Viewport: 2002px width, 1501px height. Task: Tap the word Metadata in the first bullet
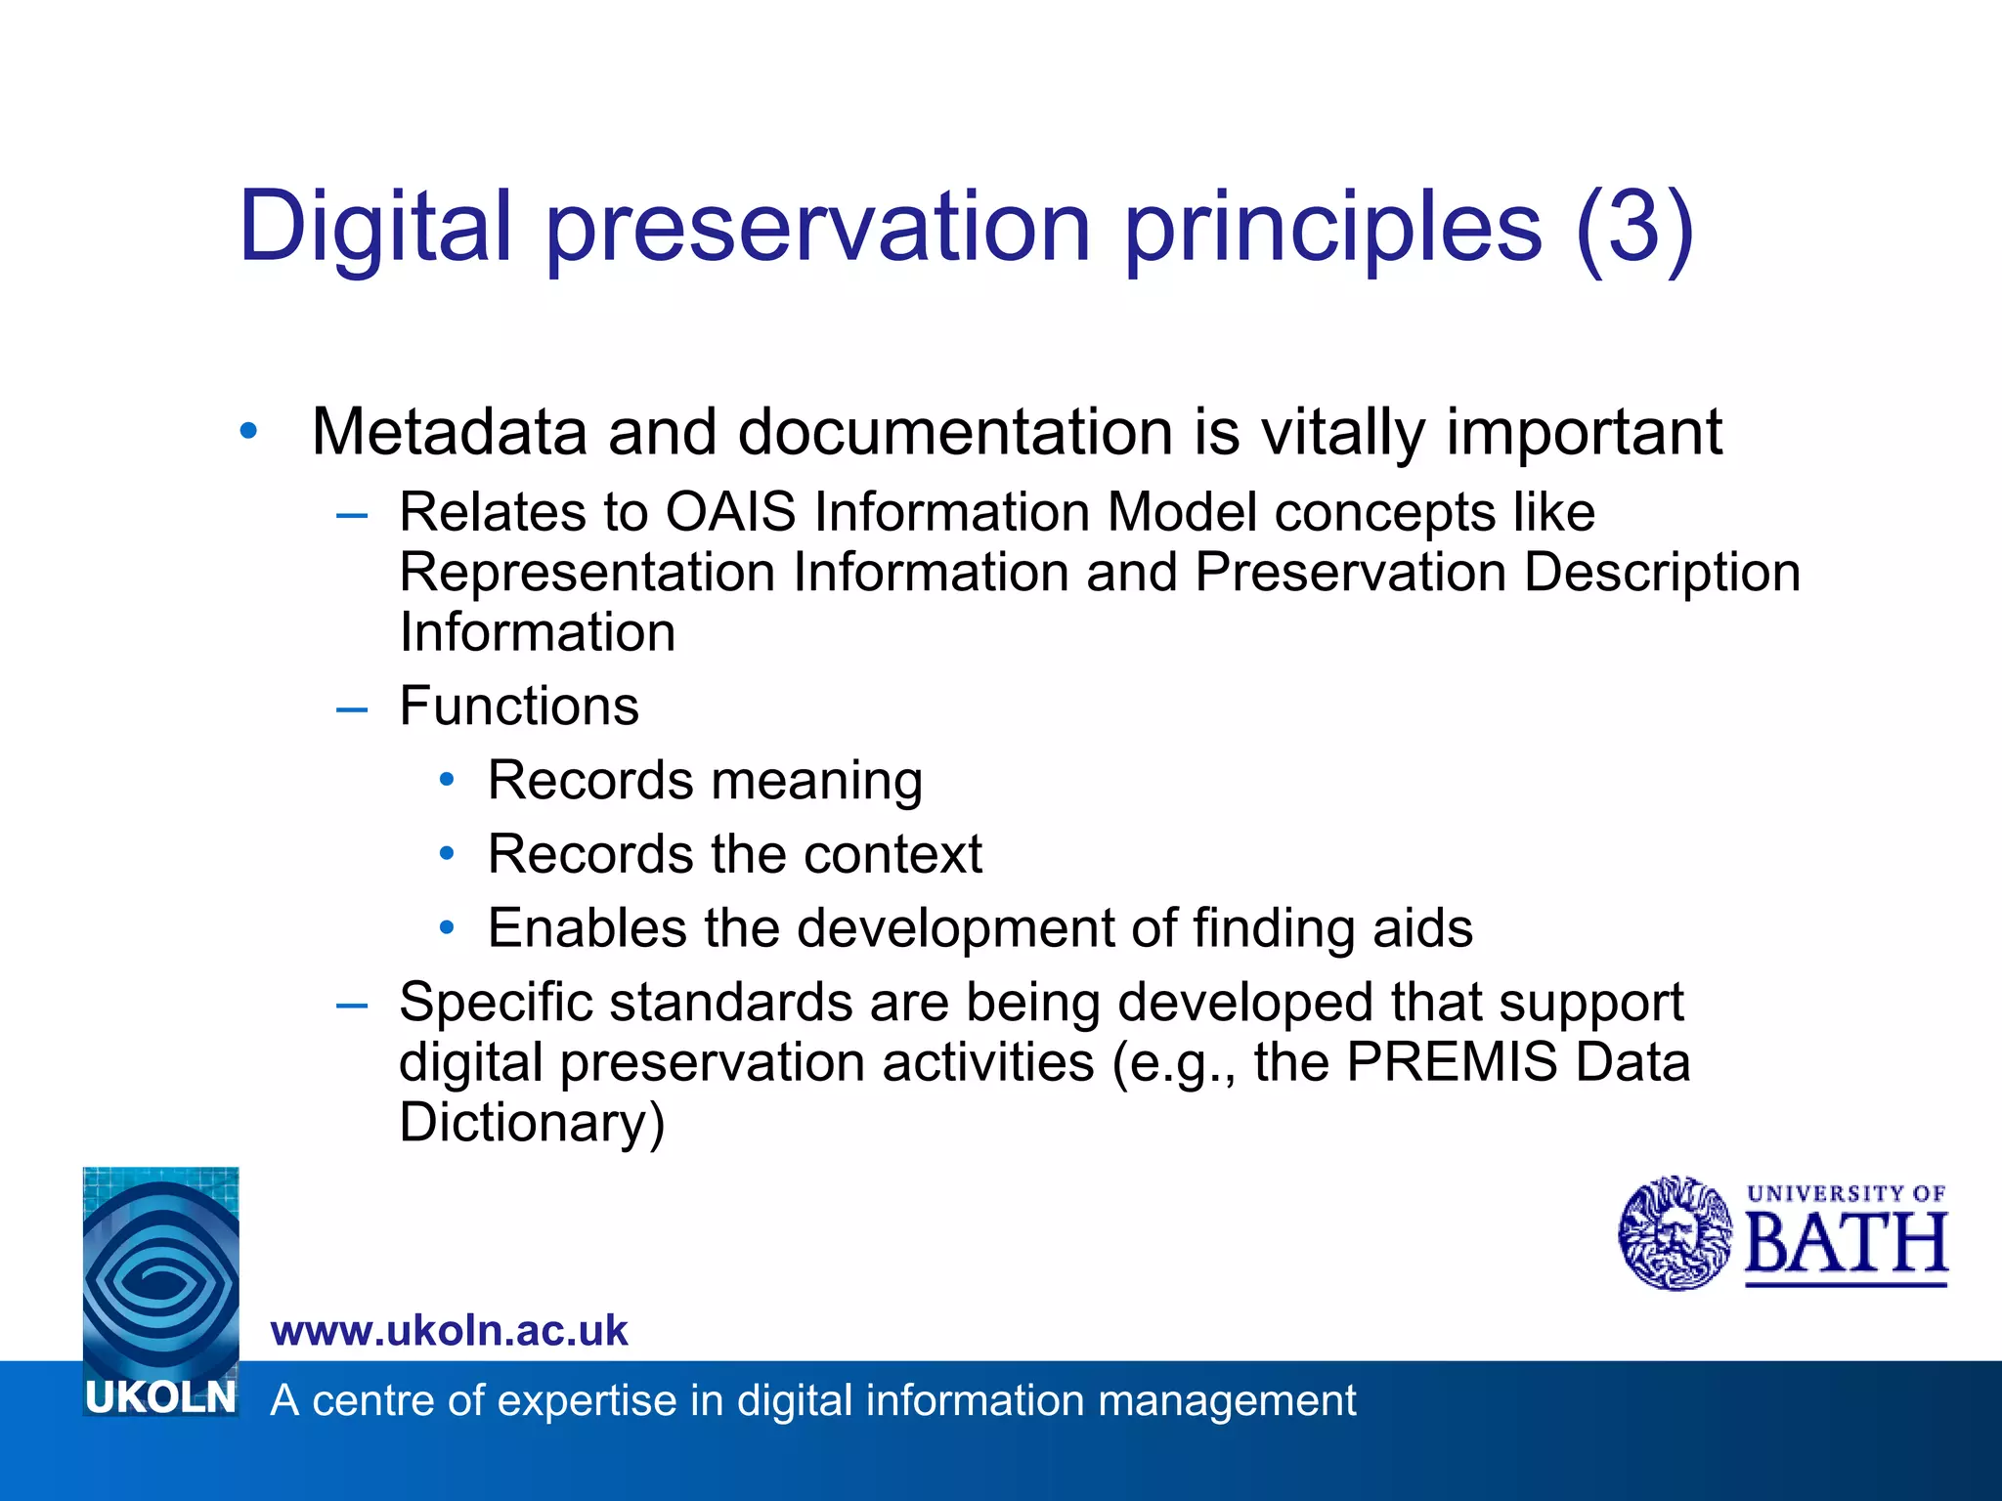pyautogui.click(x=449, y=432)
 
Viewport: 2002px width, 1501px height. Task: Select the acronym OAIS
pyautogui.click(x=730, y=512)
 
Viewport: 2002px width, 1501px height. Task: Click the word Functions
pyautogui.click(x=519, y=706)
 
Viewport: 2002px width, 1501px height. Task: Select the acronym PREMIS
pyautogui.click(x=1451, y=1062)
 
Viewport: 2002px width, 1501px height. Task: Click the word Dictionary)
pyautogui.click(x=532, y=1122)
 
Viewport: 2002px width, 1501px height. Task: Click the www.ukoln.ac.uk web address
pyautogui.click(x=449, y=1331)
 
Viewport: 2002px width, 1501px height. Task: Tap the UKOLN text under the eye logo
pyautogui.click(x=161, y=1398)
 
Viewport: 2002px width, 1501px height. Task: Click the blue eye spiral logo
pyautogui.click(x=161, y=1270)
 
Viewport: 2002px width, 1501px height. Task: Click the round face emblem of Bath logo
pyautogui.click(x=1675, y=1233)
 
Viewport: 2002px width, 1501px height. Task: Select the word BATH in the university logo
pyautogui.click(x=1846, y=1244)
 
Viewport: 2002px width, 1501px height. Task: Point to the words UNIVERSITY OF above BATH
pyautogui.click(x=1846, y=1193)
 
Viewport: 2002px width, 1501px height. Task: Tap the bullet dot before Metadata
pyautogui.click(x=248, y=430)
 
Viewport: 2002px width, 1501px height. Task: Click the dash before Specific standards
pyautogui.click(x=351, y=1005)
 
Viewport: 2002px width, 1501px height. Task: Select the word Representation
pyautogui.click(x=587, y=573)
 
